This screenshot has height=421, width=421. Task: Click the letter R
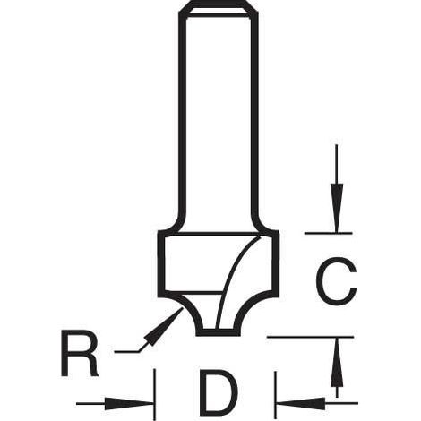coord(79,353)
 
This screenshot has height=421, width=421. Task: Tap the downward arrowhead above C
coord(337,208)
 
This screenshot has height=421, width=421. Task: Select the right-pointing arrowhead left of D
coord(128,403)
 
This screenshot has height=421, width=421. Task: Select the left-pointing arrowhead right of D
coord(301,403)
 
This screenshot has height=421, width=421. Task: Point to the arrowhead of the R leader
coord(164,326)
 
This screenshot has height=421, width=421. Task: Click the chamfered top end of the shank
coord(219,8)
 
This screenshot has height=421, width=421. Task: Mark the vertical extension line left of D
coord(154,394)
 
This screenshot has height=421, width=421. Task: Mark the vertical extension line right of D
coord(275,395)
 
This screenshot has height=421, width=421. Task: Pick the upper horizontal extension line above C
coord(329,233)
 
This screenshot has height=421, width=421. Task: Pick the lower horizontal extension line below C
coord(311,337)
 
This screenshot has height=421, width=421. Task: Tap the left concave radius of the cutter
coord(189,312)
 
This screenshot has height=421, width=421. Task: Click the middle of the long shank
coord(219,119)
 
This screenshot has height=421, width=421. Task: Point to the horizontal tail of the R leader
coord(126,352)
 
